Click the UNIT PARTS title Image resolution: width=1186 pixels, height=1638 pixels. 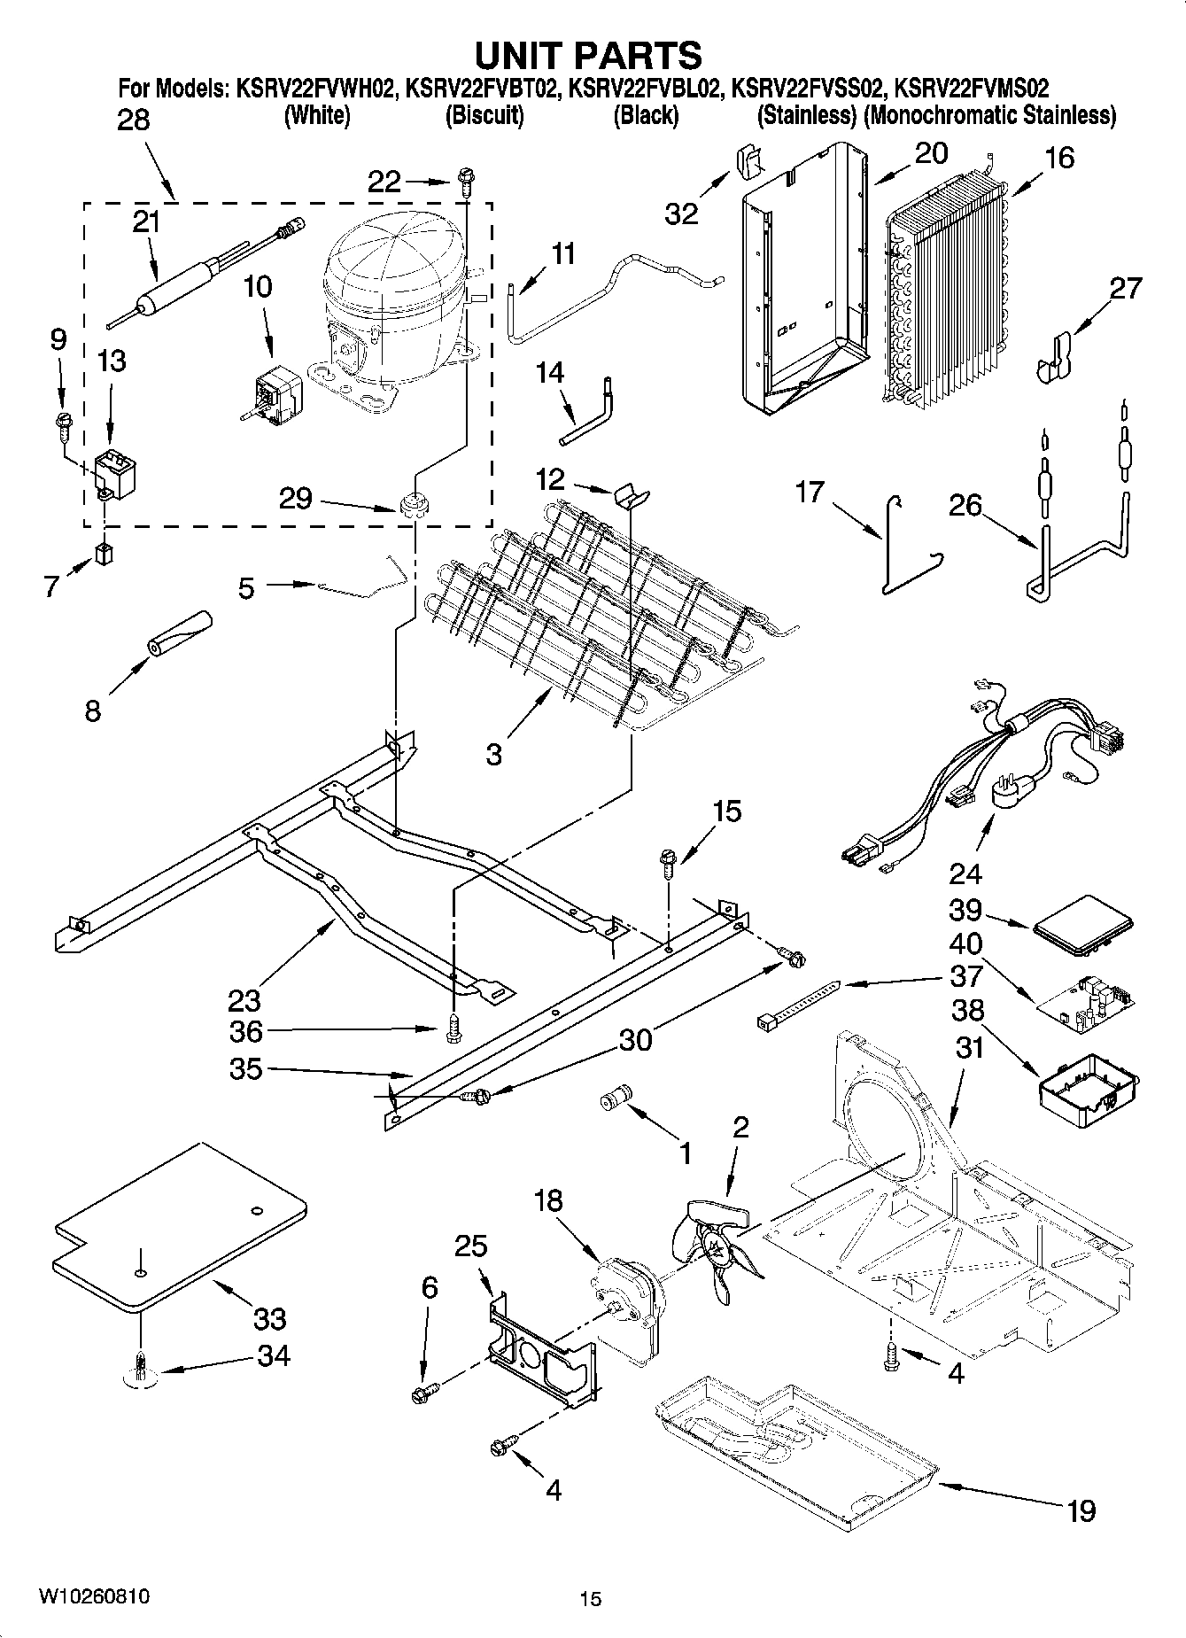click(589, 55)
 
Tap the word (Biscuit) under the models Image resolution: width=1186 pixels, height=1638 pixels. click(484, 115)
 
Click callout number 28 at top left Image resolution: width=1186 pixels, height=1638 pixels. click(134, 120)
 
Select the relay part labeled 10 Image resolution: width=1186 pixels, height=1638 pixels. click(274, 391)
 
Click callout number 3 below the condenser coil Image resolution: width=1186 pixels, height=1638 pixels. click(493, 754)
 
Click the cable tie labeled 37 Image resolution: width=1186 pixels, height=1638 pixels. click(797, 1004)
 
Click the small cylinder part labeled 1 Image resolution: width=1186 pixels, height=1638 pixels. click(615, 1098)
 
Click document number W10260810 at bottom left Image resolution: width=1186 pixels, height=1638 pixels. click(93, 1596)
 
